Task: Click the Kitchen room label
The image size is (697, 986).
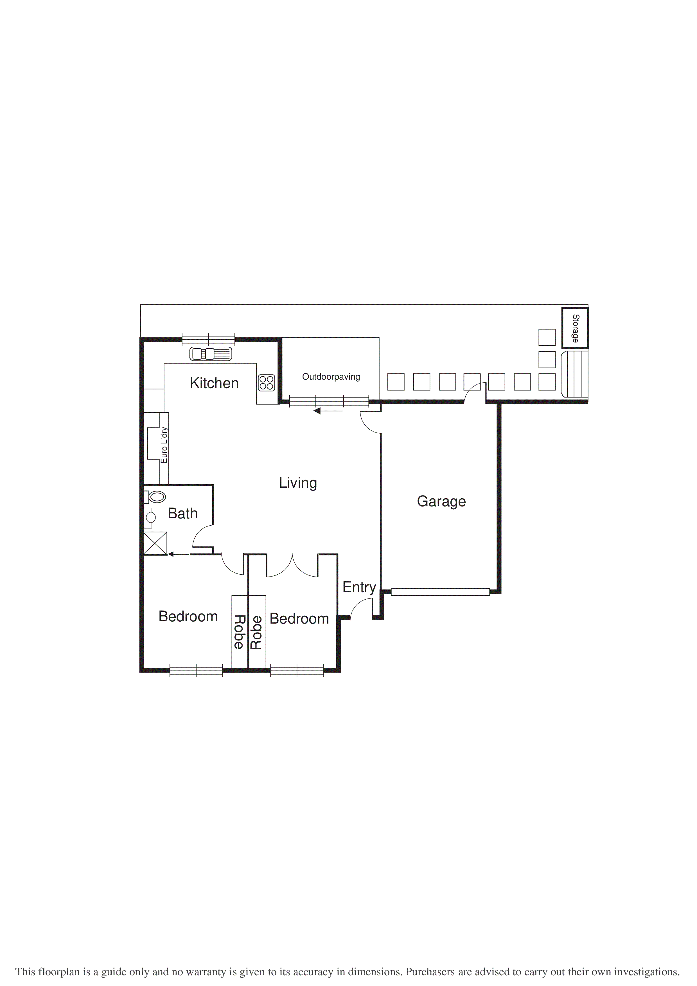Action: click(214, 383)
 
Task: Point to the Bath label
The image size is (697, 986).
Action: click(182, 513)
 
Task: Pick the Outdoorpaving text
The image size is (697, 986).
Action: click(331, 377)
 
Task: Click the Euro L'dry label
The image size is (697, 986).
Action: click(164, 445)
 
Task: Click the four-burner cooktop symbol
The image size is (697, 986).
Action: click(266, 383)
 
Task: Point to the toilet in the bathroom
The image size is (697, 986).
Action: click(156, 497)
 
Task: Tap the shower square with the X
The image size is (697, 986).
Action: click(155, 543)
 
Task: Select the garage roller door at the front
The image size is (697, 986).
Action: click(440, 592)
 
